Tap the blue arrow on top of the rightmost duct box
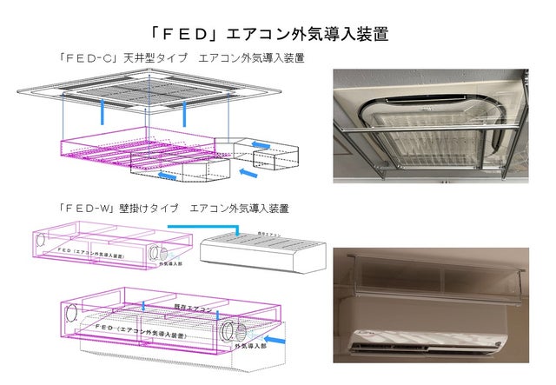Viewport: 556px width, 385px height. (258, 144)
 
